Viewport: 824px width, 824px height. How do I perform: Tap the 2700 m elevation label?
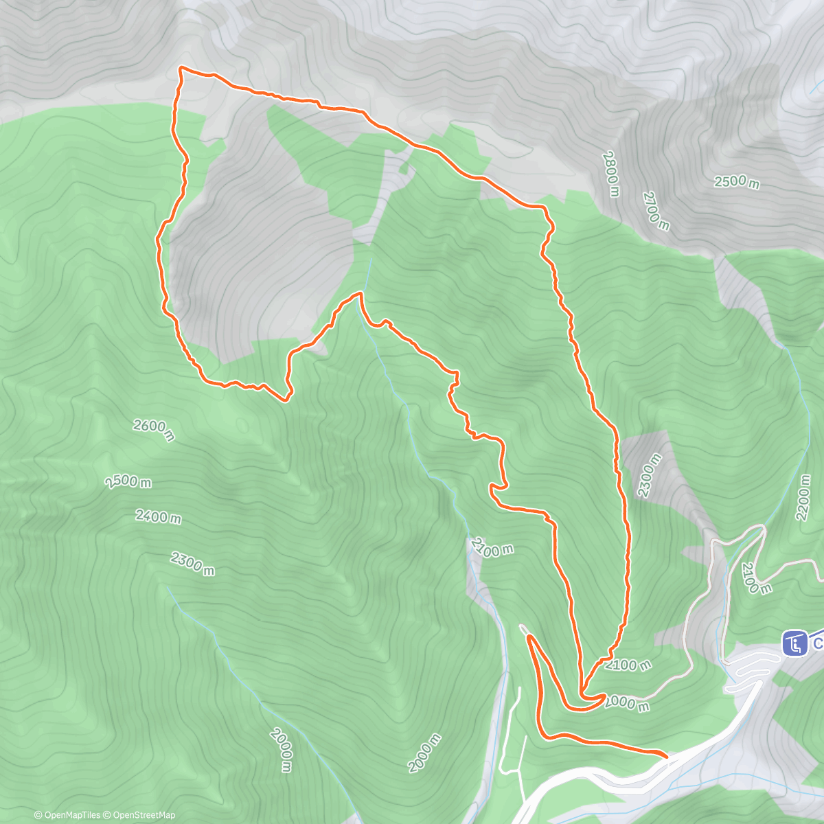tap(656, 211)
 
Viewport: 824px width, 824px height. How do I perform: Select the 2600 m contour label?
tap(154, 431)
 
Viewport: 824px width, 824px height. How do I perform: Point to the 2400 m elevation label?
tap(158, 516)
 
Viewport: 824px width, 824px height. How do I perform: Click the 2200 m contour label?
tap(803, 496)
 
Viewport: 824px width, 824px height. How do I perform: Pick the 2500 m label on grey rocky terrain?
tap(737, 183)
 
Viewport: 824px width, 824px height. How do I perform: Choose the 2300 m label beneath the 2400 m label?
tap(192, 564)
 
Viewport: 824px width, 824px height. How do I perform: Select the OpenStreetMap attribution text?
tap(142, 815)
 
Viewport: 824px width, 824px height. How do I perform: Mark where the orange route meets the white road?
tap(667, 756)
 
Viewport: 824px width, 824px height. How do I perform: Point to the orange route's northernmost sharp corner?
tap(181, 67)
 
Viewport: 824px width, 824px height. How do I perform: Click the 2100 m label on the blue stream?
tap(492, 548)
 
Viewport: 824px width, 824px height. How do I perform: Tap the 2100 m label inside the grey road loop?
tap(757, 578)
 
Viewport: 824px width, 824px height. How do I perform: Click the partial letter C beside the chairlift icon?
tap(819, 644)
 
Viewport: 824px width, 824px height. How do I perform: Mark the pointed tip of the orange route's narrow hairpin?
tap(529, 637)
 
